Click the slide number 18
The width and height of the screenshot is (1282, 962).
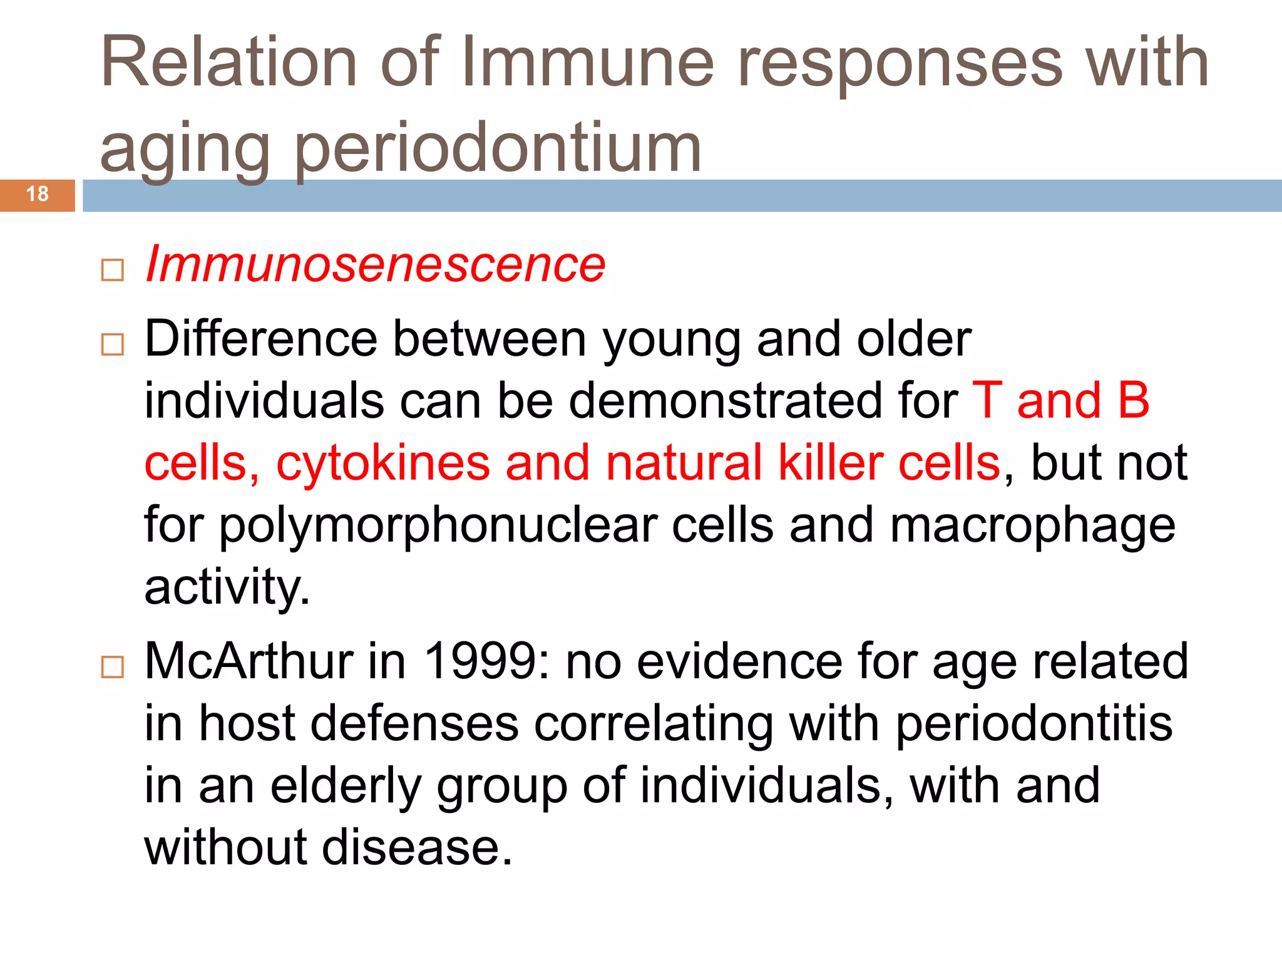click(x=38, y=194)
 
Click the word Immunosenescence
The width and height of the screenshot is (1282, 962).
click(x=375, y=264)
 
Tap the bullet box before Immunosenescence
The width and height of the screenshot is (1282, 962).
click(x=113, y=271)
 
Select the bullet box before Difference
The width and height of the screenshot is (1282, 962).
click(x=113, y=344)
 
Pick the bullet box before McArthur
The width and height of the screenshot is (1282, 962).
click(x=113, y=667)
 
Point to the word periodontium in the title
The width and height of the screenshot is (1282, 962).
click(x=497, y=149)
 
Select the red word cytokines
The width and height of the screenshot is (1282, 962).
click(x=383, y=463)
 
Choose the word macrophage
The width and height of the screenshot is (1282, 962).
click(x=1032, y=526)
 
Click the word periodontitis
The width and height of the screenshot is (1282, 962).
click(x=1033, y=724)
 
